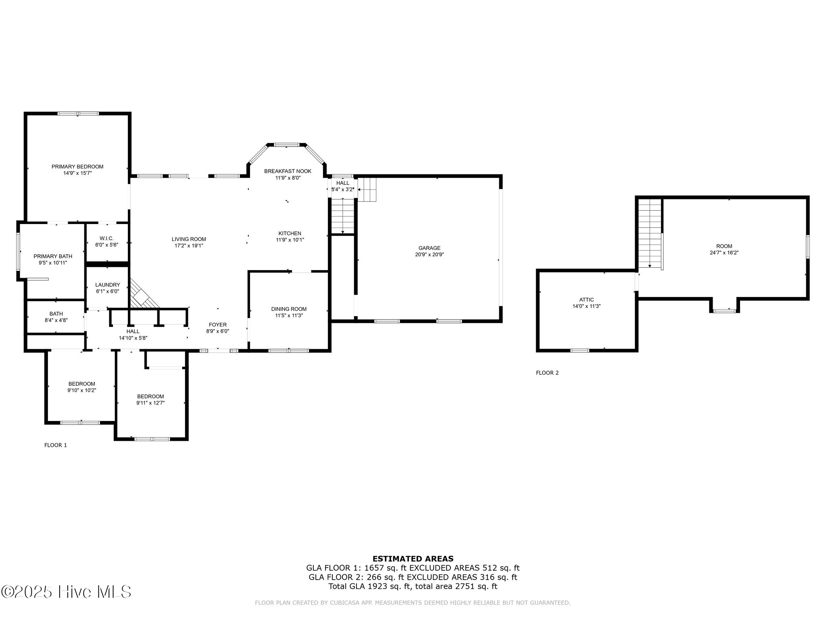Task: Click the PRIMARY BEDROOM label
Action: click(77, 167)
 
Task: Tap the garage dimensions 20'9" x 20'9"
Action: click(429, 255)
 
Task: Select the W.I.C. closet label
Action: click(106, 239)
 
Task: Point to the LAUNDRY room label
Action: click(107, 285)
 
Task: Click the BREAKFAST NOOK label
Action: click(288, 171)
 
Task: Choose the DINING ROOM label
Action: click(289, 309)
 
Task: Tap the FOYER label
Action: click(217, 325)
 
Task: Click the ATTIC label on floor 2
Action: click(586, 300)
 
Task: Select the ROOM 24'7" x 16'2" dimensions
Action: click(724, 253)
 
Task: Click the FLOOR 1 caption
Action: click(55, 445)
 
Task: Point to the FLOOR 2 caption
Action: click(547, 373)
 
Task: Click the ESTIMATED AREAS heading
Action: click(413, 559)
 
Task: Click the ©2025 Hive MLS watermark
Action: click(66, 592)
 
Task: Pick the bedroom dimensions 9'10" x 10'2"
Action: click(81, 390)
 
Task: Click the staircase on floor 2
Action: click(650, 234)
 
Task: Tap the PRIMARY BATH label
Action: click(53, 256)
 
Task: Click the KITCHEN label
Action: click(290, 233)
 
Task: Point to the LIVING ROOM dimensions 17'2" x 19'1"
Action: click(189, 245)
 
